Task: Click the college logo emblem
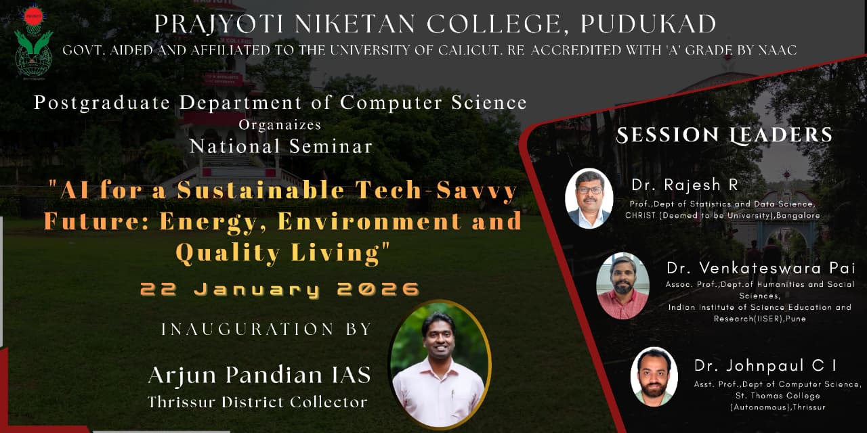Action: pos(34,43)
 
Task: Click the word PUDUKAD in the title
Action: pos(648,24)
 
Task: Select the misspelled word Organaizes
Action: pos(280,125)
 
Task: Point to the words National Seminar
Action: pos(281,147)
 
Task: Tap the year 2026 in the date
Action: pos(378,290)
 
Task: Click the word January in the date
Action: pos(257,290)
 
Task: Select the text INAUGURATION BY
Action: pos(266,329)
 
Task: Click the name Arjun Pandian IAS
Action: pos(259,375)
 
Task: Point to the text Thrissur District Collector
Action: pos(257,402)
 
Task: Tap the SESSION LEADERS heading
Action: pos(724,135)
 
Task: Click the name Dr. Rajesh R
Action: pos(685,185)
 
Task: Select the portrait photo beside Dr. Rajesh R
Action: pos(589,198)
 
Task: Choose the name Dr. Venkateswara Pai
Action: pos(761,268)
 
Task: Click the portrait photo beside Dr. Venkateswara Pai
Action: pos(622,286)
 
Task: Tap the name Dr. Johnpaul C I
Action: pos(765,365)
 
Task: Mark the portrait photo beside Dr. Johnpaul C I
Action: pos(654,377)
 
